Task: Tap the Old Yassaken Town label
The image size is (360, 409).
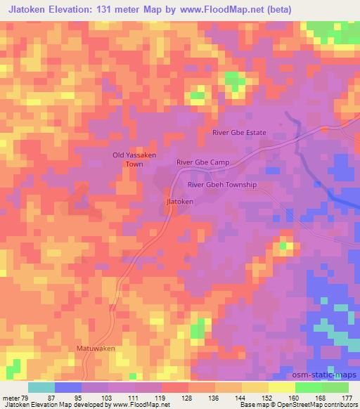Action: tap(134, 159)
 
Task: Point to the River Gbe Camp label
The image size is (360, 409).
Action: tap(203, 162)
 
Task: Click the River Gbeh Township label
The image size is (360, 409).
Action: tap(222, 185)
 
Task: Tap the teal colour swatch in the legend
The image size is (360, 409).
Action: tap(41, 387)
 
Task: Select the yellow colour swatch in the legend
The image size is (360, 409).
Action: tap(281, 387)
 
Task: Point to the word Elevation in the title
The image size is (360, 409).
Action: tap(72, 8)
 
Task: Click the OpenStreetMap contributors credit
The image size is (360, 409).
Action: tap(315, 405)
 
